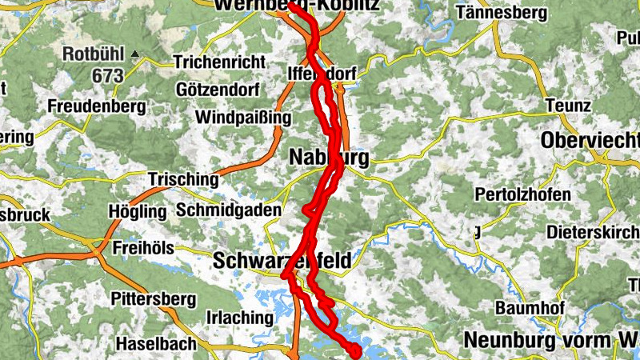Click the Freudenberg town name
click(x=95, y=106)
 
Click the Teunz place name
click(x=568, y=106)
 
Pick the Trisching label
click(x=182, y=179)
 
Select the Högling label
click(x=137, y=212)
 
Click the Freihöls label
click(x=143, y=247)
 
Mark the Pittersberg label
click(x=154, y=300)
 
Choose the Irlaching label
click(x=239, y=317)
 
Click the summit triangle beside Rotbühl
click(x=136, y=55)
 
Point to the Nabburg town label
click(x=328, y=158)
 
